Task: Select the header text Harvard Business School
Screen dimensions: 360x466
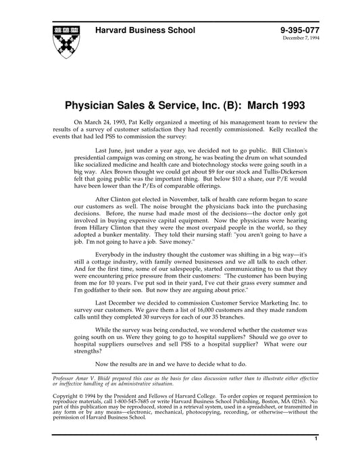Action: tap(146, 30)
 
